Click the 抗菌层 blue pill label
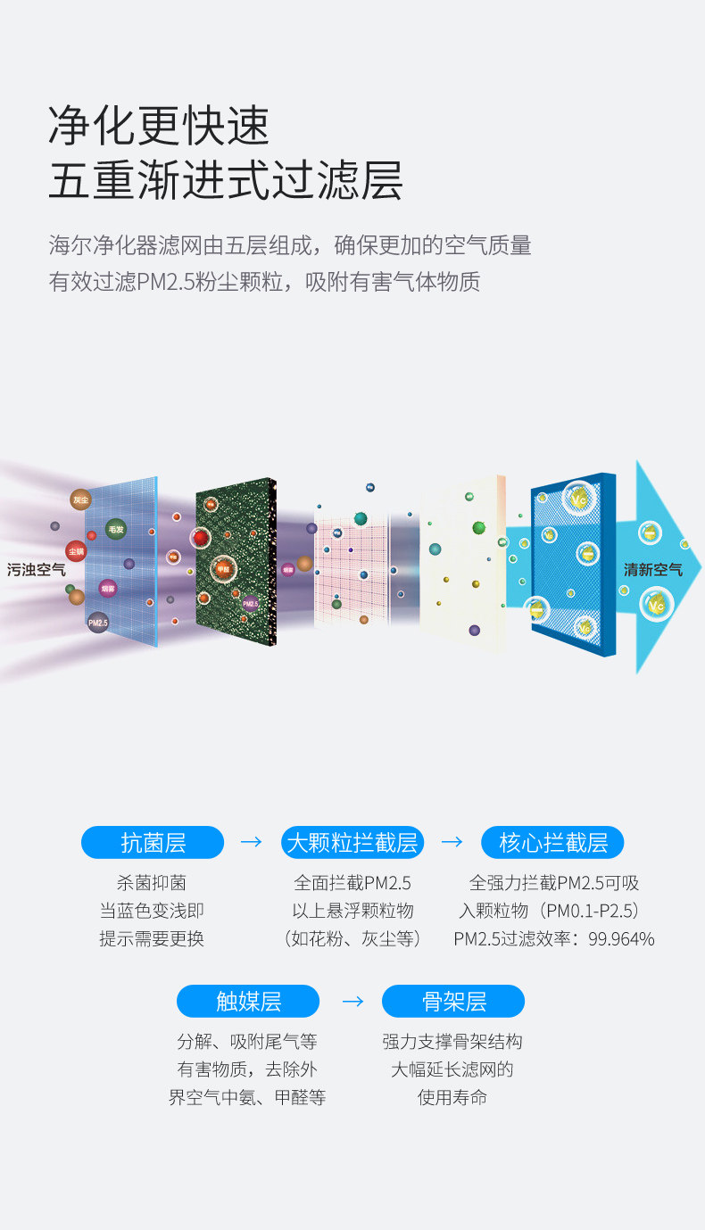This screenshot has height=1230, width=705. [x=153, y=843]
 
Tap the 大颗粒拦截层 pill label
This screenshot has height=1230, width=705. [x=352, y=843]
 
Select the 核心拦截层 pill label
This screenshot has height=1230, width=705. [x=552, y=843]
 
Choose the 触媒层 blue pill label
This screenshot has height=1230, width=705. [x=248, y=1002]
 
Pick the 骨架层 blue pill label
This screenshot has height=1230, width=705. [x=453, y=1002]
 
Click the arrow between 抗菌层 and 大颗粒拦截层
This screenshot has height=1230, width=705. [x=252, y=842]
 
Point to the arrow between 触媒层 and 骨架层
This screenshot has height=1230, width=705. [x=353, y=1001]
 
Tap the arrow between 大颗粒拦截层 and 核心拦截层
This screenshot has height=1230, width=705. [x=452, y=842]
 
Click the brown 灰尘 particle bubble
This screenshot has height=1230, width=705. [x=81, y=500]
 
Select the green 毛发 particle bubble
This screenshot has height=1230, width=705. [x=115, y=530]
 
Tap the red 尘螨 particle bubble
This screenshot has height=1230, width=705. [x=76, y=551]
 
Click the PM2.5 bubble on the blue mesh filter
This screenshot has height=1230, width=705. [x=97, y=622]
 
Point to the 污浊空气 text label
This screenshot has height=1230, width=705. [x=37, y=569]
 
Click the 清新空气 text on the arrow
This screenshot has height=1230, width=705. [x=652, y=569]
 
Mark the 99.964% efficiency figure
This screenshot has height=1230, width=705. [x=621, y=939]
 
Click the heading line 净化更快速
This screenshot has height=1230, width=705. [x=159, y=125]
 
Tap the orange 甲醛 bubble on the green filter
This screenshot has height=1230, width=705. [x=223, y=567]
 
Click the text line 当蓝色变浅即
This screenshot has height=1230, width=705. [x=152, y=912]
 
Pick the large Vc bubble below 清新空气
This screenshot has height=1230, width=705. [x=657, y=606]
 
